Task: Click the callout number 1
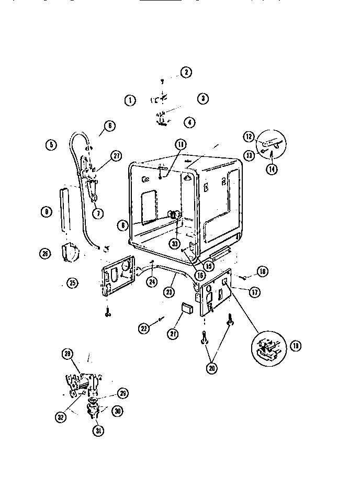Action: pos(130,100)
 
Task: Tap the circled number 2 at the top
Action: pos(186,72)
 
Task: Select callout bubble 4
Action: pos(189,122)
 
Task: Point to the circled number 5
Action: pos(51,145)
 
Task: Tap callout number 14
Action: pos(272,169)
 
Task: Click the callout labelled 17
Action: pos(254,292)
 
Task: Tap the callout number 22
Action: pos(144,328)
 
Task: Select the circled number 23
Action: pos(169,292)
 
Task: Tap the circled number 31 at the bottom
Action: pos(98,431)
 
